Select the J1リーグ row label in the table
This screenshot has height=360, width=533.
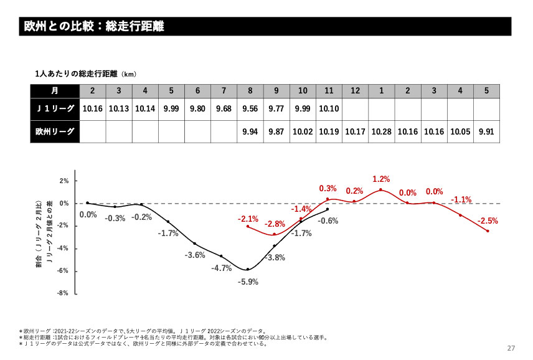[x=55, y=108]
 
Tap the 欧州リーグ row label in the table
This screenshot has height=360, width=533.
[x=55, y=131]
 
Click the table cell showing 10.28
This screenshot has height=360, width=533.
[x=382, y=131]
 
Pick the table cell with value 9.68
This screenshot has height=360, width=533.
[x=224, y=108]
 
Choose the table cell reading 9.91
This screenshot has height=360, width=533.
[x=486, y=131]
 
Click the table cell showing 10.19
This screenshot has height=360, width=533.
[x=329, y=131]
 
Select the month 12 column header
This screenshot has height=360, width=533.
[x=355, y=90]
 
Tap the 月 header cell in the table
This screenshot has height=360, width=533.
[x=55, y=90]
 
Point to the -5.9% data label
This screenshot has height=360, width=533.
[x=248, y=282]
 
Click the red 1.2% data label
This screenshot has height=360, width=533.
[x=380, y=179]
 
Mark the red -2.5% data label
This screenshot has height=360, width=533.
[x=488, y=221]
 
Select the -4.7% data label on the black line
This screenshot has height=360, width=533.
[x=222, y=268]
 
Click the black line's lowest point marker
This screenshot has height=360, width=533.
[x=248, y=270]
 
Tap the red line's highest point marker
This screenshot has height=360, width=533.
[x=380, y=190]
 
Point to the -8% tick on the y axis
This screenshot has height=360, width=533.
[x=64, y=293]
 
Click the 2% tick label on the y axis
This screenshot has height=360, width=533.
[x=64, y=181]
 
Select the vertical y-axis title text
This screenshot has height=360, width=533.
[x=43, y=237]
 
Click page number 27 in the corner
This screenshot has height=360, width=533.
[x=512, y=348]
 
